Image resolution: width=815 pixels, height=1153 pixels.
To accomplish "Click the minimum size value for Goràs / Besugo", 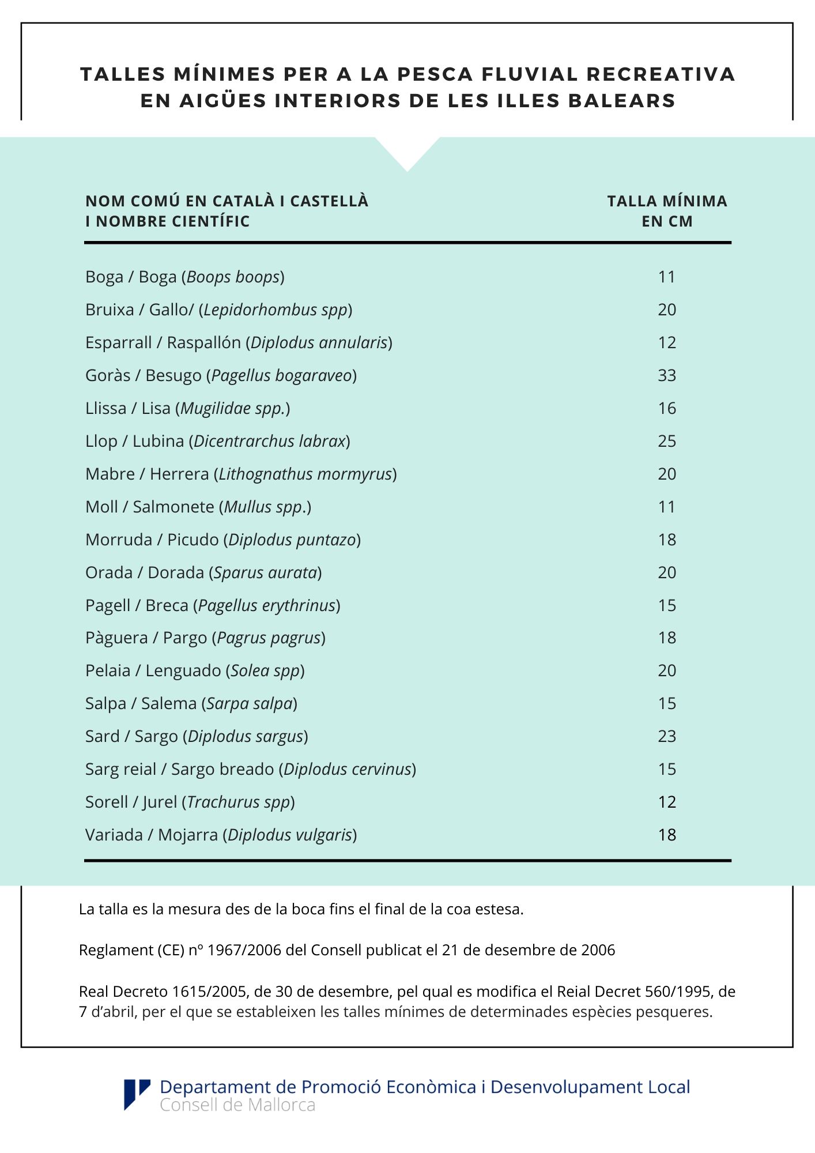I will tap(667, 375).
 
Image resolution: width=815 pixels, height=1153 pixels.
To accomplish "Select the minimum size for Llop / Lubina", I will tap(667, 441).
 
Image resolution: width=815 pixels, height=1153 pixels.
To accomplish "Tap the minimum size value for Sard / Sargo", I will tap(667, 736).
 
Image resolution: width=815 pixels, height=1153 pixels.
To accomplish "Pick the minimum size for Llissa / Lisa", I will tap(667, 408).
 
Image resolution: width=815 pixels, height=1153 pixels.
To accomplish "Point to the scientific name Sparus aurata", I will tap(266, 572).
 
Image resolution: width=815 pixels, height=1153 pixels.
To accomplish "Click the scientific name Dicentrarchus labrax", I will tap(270, 441).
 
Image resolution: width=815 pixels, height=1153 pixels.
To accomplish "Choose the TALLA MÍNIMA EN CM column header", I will tap(667, 211).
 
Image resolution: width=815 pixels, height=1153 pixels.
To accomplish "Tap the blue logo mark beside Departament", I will tap(137, 1094).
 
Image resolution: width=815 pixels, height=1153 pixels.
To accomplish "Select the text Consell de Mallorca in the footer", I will tap(237, 1105).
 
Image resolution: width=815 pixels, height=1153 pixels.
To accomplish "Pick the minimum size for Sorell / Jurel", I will tap(667, 802).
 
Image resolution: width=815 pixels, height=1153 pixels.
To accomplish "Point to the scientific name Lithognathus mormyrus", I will tap(305, 474).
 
